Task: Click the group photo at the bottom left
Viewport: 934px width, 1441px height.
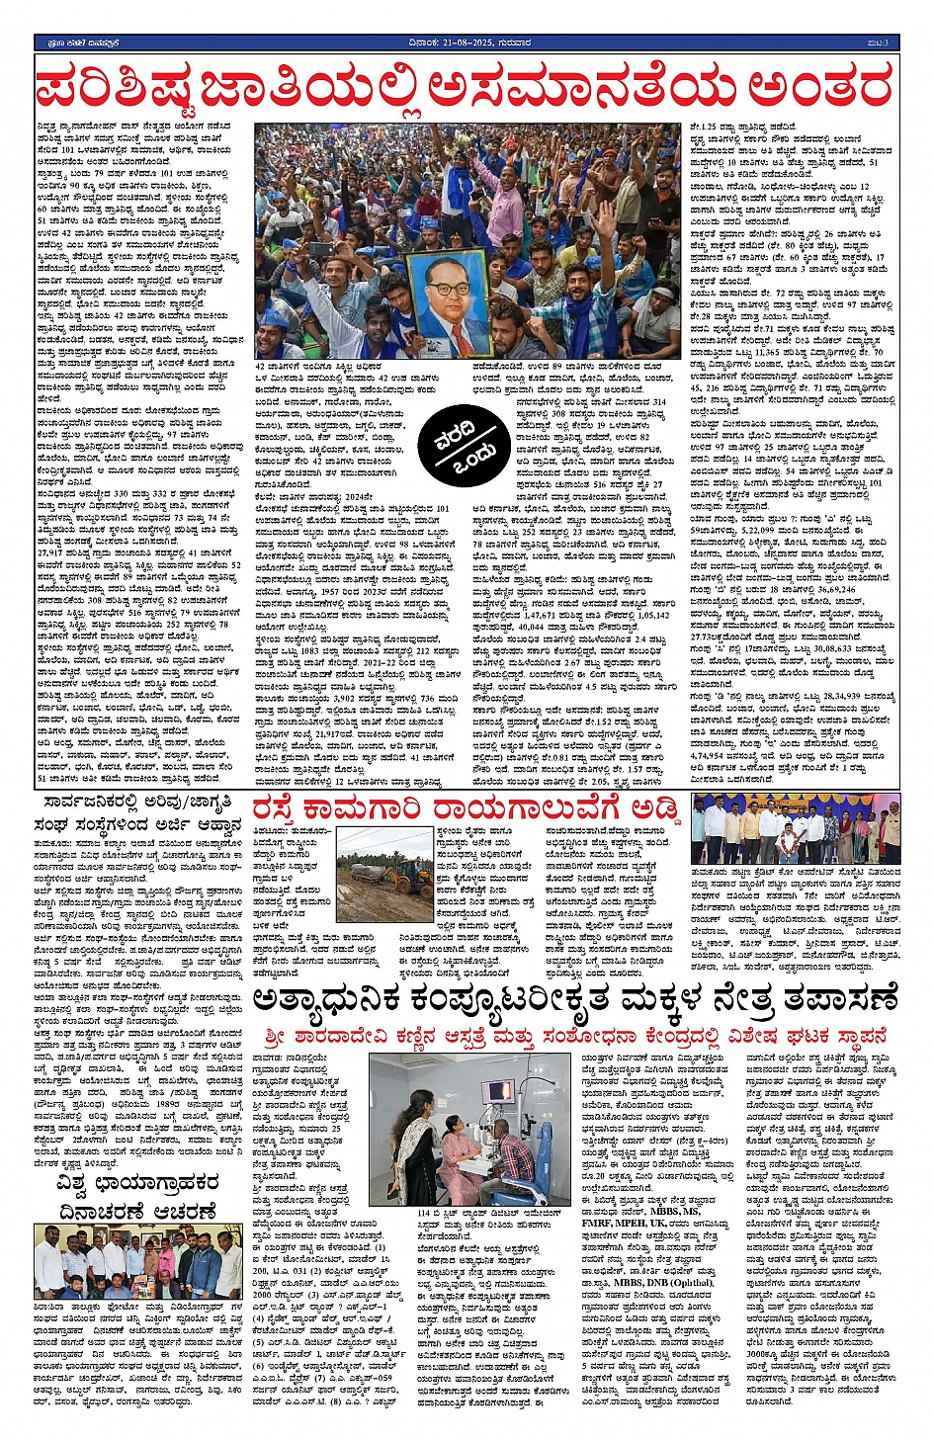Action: point(137,1260)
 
